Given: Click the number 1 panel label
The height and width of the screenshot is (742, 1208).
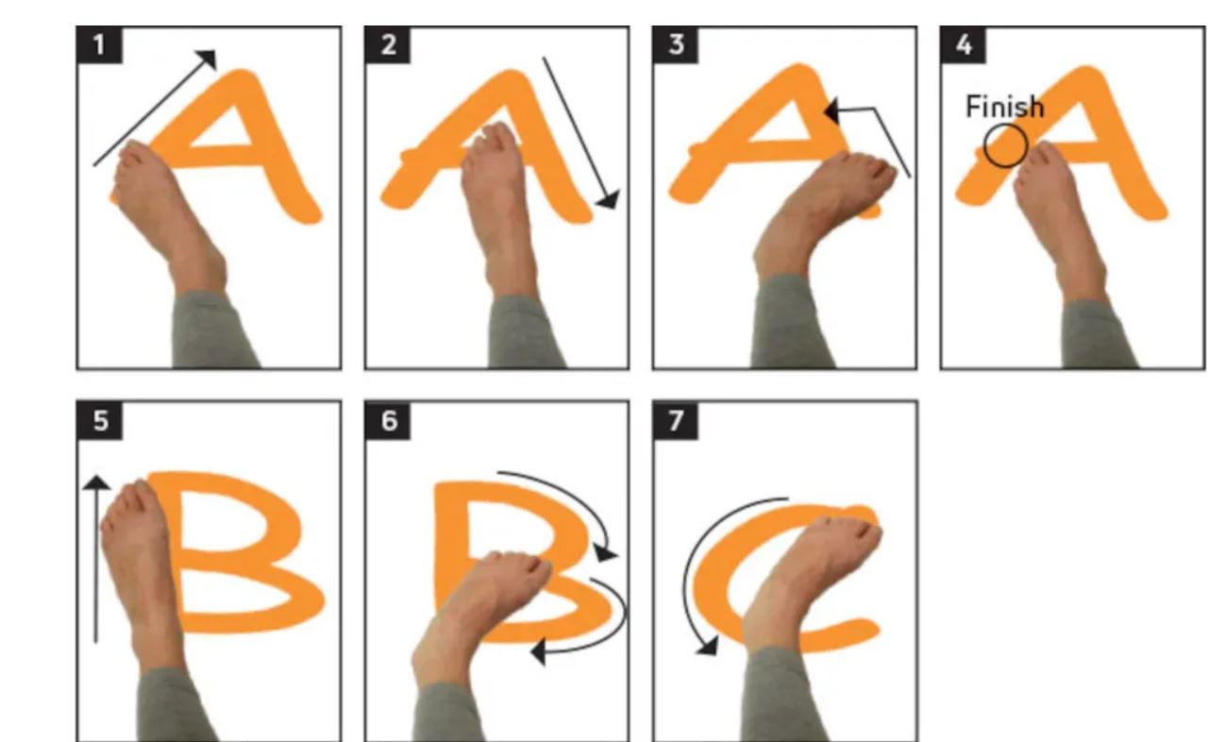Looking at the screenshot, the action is (100, 44).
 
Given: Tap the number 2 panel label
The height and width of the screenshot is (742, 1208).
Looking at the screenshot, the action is (388, 44).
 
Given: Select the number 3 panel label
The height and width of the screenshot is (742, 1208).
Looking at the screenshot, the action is (676, 44).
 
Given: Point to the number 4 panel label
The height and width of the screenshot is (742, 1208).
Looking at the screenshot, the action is (964, 44).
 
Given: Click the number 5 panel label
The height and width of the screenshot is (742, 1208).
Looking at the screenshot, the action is (100, 421).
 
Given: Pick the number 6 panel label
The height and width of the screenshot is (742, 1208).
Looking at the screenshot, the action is (388, 421).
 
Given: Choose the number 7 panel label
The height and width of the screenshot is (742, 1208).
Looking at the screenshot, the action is (676, 421).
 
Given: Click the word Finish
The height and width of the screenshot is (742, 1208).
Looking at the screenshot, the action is (1004, 107).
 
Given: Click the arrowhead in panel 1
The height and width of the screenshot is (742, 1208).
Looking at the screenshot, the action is (209, 58).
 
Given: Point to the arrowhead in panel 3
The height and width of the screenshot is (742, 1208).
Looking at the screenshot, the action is (832, 111).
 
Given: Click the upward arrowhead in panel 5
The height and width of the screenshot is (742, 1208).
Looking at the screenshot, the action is (96, 482).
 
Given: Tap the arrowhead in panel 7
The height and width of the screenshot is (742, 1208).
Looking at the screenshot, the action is (708, 646).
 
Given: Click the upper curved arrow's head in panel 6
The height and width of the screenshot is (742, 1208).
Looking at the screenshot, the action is (606, 553).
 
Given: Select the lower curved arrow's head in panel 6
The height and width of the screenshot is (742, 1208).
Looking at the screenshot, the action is (539, 651).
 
